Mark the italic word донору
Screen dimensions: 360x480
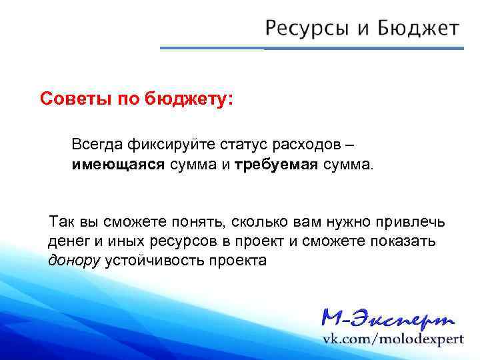tap(74, 260)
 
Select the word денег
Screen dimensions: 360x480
tap(67, 241)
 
